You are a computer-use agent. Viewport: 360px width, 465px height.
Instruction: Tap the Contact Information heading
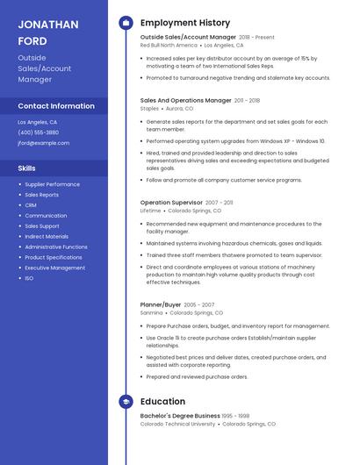(x=56, y=106)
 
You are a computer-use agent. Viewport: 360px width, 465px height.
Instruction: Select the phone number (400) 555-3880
(x=39, y=132)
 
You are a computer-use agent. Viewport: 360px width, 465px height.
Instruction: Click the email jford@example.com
(x=43, y=143)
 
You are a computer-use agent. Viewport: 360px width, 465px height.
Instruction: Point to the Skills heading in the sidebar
(x=27, y=168)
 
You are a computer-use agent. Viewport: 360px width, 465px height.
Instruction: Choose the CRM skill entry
(x=31, y=205)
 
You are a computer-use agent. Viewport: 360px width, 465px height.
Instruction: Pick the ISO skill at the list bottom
(x=29, y=278)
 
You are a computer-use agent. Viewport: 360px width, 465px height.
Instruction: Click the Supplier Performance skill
(x=52, y=184)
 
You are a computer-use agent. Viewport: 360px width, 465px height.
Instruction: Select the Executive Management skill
(x=55, y=268)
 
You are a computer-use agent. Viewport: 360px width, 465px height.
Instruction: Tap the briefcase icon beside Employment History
(x=126, y=23)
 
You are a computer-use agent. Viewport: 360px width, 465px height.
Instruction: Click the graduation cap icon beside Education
(x=126, y=402)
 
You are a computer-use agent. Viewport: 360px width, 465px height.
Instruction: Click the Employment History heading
(x=185, y=23)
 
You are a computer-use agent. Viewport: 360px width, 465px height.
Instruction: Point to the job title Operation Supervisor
(x=172, y=203)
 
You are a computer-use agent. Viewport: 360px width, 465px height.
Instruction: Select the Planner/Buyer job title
(x=161, y=304)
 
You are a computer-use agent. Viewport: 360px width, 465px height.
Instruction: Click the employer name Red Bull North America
(x=169, y=45)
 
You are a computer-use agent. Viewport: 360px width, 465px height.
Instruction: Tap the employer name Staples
(x=149, y=109)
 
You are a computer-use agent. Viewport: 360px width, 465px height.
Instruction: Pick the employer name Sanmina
(x=151, y=312)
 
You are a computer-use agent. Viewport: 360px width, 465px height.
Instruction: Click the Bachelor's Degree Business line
(x=180, y=416)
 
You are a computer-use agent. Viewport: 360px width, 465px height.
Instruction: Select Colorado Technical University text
(x=177, y=424)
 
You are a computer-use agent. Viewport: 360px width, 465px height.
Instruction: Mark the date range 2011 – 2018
(x=247, y=101)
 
